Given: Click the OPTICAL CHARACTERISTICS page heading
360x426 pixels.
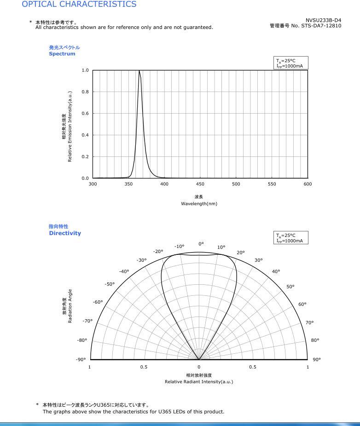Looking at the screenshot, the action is [x=79, y=4].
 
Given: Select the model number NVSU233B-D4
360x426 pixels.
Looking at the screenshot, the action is [x=323, y=20].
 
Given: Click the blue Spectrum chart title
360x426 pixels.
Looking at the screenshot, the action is [x=62, y=54].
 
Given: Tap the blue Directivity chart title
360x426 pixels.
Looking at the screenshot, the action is [x=65, y=233].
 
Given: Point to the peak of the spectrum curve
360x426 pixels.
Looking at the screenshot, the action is [x=139, y=71].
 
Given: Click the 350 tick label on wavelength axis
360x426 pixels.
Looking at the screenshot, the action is [x=128, y=184].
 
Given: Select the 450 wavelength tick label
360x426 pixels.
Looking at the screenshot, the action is [x=200, y=184].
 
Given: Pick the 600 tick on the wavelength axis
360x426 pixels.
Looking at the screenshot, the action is [x=308, y=184].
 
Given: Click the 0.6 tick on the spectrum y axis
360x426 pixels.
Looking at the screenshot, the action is [x=85, y=113].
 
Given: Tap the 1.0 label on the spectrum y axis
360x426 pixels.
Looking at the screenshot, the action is [x=85, y=70].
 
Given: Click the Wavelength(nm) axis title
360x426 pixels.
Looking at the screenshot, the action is [x=199, y=204].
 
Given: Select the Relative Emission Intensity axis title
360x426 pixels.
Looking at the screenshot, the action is [x=70, y=127].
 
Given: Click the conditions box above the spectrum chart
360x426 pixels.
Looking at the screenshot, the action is [x=290, y=63].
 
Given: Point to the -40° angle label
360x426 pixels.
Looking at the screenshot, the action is [x=124, y=271].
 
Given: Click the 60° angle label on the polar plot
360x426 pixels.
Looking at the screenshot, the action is [x=302, y=304].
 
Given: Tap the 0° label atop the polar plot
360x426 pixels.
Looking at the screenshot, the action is [x=201, y=244].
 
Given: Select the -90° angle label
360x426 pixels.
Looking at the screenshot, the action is [x=81, y=359].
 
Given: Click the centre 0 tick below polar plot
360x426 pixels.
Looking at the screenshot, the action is [x=199, y=367].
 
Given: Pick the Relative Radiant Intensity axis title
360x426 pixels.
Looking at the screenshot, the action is [x=199, y=382].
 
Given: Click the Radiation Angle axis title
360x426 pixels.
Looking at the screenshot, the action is [x=70, y=306].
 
